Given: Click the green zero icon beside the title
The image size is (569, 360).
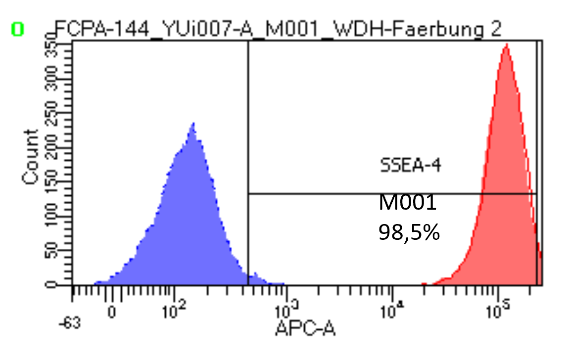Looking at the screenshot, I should coord(17,30).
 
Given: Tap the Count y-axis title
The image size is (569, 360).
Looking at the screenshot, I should coord(31,157).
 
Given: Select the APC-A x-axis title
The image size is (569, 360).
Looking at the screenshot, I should coord(305,327).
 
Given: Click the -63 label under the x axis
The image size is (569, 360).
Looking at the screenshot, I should coord(70,324).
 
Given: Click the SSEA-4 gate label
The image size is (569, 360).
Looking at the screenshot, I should coord(410,165).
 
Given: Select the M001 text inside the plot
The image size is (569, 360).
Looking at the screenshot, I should coord(408,202).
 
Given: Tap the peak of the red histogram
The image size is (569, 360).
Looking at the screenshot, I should coord(506,45).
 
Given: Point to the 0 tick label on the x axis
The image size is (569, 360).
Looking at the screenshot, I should coord(112,313).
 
